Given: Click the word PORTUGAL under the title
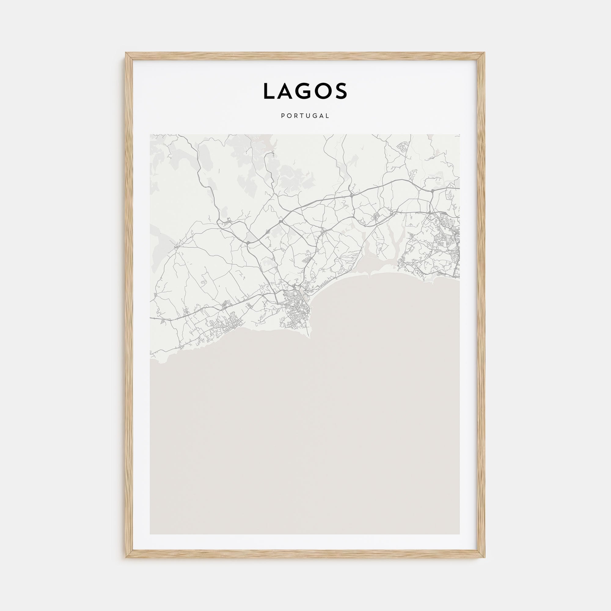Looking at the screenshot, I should coord(305,116).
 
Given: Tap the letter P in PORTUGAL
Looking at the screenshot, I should coord(282,116).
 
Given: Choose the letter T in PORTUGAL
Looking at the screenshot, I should coord(302,116).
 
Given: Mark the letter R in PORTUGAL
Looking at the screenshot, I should coord(296,116).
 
